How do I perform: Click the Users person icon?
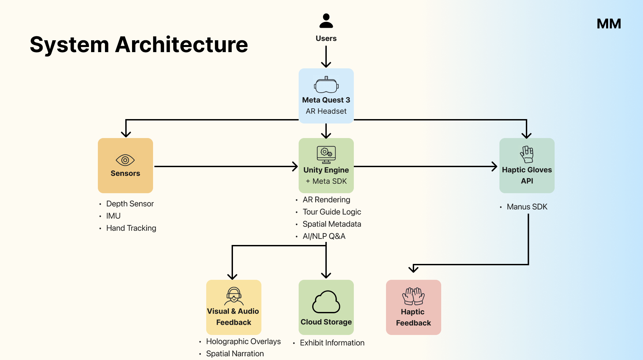326,21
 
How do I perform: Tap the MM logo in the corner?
608,24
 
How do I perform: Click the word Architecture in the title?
181,45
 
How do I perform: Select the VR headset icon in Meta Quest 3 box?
326,85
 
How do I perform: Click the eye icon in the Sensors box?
125,160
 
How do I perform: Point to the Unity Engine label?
326,170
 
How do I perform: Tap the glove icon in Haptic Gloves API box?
527,154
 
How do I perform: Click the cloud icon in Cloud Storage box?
326,302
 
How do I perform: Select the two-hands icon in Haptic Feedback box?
413,296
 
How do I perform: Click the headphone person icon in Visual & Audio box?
234,296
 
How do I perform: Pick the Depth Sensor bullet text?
130,204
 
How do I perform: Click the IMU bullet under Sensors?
113,216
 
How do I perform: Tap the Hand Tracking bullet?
131,228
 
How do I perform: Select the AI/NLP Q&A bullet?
324,236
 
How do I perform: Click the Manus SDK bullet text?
527,207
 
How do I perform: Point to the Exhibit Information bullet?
332,343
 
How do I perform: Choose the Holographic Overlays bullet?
243,341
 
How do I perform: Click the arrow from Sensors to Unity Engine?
226,166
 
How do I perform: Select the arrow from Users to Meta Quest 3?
326,56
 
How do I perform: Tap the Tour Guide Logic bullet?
331,212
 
